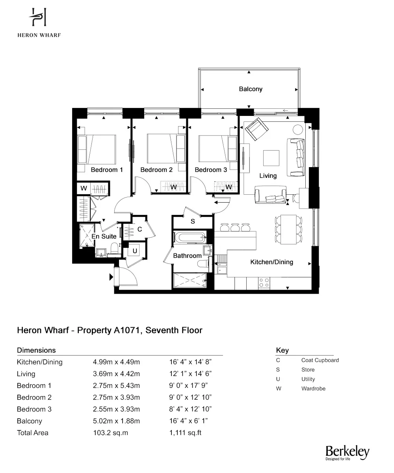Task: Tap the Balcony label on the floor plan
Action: (251, 89)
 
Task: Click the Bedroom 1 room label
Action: (107, 170)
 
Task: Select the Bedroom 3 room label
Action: (211, 170)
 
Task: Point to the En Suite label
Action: (104, 236)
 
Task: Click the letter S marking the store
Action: (193, 222)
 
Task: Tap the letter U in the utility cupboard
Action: (135, 251)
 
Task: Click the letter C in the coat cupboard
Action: (139, 229)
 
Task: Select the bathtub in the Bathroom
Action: (190, 238)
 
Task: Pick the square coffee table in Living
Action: (271, 158)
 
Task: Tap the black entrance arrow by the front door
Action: (111, 277)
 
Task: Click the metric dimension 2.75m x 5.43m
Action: (116, 385)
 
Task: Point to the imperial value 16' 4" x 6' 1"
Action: (188, 421)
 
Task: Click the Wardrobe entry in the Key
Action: (313, 389)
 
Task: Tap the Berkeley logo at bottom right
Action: (347, 453)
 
